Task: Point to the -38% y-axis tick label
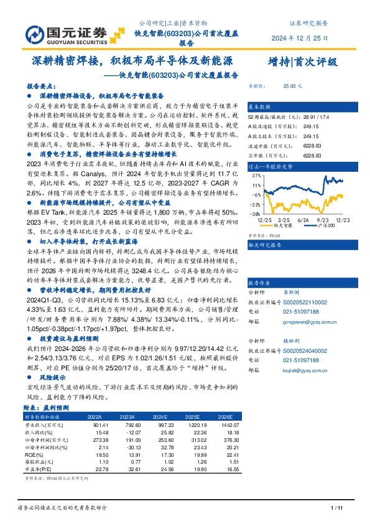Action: pyautogui.click(x=255, y=212)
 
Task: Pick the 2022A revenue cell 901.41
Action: pyautogui.click(x=101, y=424)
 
